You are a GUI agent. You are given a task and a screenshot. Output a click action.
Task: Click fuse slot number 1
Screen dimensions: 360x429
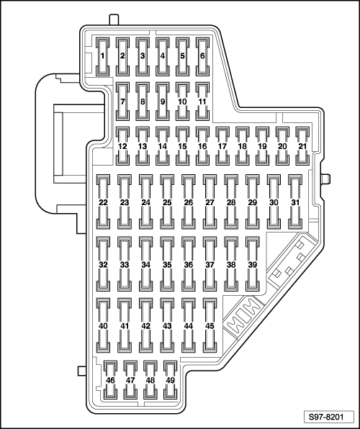pyautogui.click(x=103, y=57)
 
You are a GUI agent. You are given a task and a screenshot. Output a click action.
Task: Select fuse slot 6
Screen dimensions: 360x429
pyautogui.click(x=202, y=57)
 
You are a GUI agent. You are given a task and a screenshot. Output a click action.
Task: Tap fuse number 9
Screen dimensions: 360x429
pyautogui.click(x=163, y=101)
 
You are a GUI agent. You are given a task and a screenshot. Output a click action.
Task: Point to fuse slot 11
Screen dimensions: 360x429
pyautogui.click(x=202, y=101)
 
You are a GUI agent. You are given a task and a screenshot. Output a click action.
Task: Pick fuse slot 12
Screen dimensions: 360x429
pyautogui.click(x=122, y=146)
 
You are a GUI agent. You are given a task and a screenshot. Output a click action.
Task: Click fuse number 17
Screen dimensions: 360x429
pyautogui.click(x=222, y=146)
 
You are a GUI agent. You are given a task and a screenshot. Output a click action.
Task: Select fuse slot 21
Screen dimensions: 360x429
pyautogui.click(x=302, y=146)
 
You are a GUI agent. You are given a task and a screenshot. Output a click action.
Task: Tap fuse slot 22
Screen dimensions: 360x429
pyautogui.click(x=103, y=202)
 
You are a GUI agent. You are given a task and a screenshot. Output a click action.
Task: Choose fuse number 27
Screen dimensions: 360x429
pyautogui.click(x=210, y=202)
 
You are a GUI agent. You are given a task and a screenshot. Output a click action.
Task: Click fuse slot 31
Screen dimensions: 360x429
pyautogui.click(x=295, y=202)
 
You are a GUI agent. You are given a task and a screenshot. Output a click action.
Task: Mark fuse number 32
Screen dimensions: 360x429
pyautogui.click(x=103, y=264)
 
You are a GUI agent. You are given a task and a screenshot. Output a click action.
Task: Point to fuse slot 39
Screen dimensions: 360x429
pyautogui.click(x=253, y=264)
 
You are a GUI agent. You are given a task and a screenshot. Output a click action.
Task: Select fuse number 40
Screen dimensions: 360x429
pyautogui.click(x=103, y=325)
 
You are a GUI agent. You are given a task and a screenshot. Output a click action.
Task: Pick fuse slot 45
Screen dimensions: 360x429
pyautogui.click(x=210, y=325)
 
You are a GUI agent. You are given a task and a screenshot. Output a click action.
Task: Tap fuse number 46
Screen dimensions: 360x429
pyautogui.click(x=111, y=380)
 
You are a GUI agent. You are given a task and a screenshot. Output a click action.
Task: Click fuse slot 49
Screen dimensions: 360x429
pyautogui.click(x=171, y=380)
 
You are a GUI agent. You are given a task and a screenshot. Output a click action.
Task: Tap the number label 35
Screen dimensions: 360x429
pyautogui.click(x=167, y=265)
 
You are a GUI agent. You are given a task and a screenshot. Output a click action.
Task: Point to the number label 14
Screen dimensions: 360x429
pyautogui.click(x=163, y=146)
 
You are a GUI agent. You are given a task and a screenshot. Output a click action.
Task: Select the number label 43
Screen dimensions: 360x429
pyautogui.click(x=167, y=326)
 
